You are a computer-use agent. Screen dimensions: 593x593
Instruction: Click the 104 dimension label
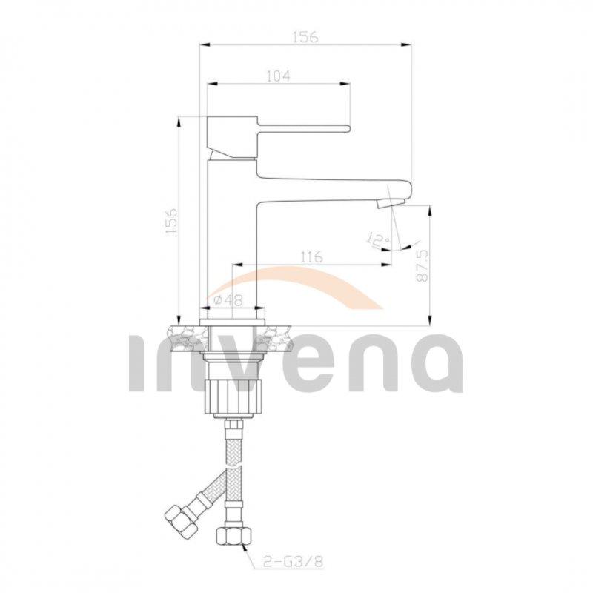[277, 75]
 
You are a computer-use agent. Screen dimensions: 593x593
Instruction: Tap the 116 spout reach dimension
[311, 257]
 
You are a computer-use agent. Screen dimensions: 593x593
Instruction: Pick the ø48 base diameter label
[229, 299]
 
